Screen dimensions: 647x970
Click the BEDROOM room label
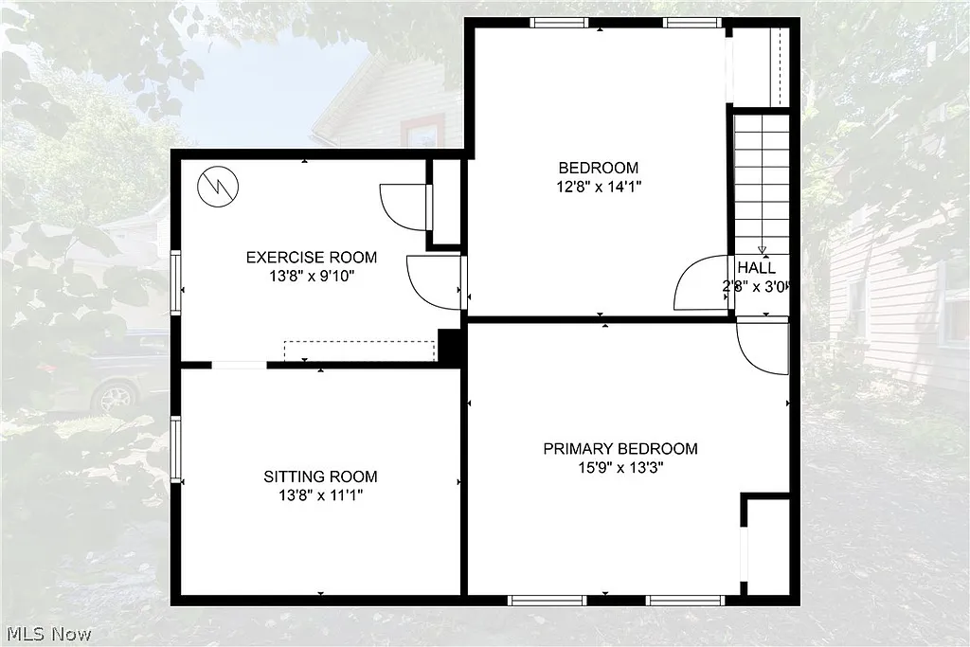click(598, 169)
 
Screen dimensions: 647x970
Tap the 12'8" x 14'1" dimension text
click(598, 187)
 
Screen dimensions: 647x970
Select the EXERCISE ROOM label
click(311, 257)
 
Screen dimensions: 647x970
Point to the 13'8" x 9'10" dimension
click(311, 276)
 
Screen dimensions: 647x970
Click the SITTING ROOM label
click(320, 476)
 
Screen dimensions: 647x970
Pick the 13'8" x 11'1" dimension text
click(320, 494)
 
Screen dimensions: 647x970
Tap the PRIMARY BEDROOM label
click(620, 448)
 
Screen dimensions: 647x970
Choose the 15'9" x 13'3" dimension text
click(620, 467)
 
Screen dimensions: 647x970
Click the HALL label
click(756, 268)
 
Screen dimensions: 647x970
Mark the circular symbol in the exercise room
click(217, 186)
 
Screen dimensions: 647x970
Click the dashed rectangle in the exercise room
click(359, 350)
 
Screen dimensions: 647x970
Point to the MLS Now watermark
click(46, 633)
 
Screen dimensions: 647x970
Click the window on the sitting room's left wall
click(175, 450)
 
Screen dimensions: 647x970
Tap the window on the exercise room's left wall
click(175, 281)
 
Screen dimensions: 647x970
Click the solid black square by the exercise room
click(450, 347)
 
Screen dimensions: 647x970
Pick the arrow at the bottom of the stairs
click(762, 250)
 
